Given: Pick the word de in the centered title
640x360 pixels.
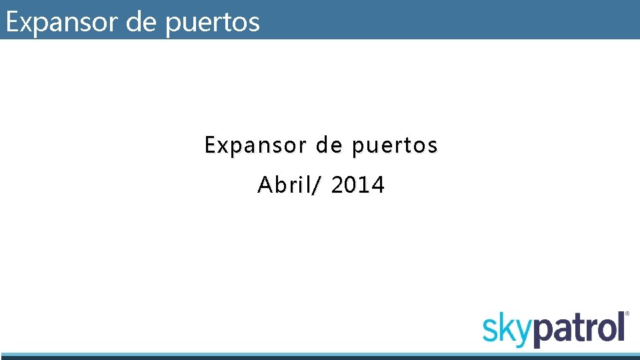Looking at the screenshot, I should [328, 145].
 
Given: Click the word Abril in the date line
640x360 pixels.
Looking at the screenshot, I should [281, 185].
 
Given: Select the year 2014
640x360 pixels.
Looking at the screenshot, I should [358, 185].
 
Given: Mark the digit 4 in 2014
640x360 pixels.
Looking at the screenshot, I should [379, 185].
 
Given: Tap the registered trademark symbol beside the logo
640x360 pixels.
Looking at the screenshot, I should [627, 313].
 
